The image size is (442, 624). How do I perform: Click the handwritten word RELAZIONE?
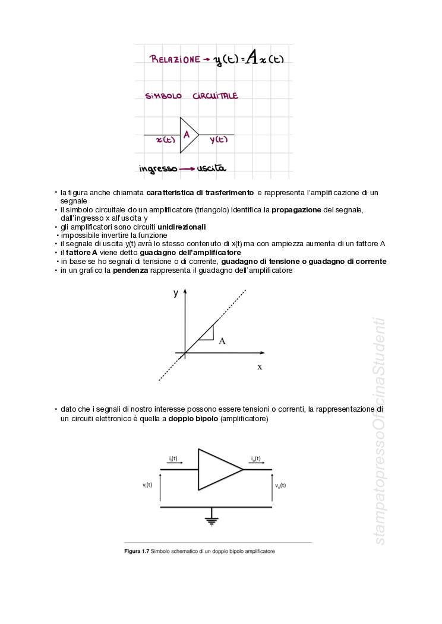tap(175, 59)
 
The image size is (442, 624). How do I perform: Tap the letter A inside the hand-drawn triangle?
tap(187, 135)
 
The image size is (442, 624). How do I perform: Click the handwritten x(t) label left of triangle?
tap(165, 140)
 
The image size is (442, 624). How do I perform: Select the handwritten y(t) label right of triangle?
tap(218, 140)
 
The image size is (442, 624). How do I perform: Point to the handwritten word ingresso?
tap(158, 169)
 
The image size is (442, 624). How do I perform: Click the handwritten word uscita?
tap(212, 168)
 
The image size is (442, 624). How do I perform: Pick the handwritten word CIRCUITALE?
tap(215, 95)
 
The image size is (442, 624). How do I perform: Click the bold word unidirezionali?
tap(182, 227)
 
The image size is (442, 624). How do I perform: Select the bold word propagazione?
tap(296, 210)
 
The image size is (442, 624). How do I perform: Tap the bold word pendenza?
tap(130, 270)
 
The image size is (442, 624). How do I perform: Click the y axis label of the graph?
tap(176, 292)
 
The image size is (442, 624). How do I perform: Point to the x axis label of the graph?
tap(260, 367)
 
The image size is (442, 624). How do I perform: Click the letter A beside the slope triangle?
tap(222, 341)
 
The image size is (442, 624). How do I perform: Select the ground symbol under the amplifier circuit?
tap(210, 521)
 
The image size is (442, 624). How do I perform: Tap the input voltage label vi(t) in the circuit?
tap(147, 485)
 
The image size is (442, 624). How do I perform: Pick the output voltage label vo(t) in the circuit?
tap(280, 485)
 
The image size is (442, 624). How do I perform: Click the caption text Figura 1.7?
tap(136, 551)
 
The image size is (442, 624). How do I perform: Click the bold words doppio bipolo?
tap(193, 419)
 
